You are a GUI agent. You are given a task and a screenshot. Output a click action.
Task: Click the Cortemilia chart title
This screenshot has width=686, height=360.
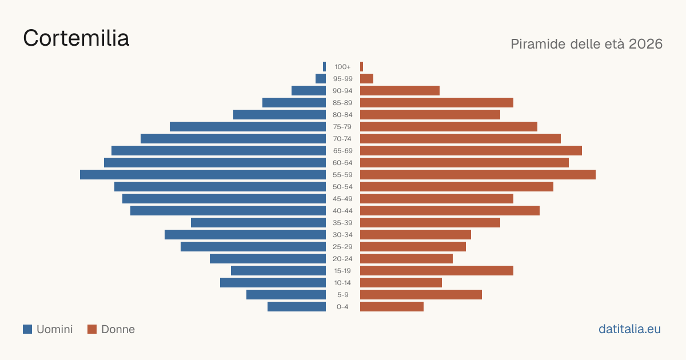tap(76, 38)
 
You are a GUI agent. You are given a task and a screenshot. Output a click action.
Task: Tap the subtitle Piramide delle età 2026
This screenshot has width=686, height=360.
tap(587, 44)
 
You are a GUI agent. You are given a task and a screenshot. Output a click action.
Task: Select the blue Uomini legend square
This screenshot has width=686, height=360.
tap(27, 329)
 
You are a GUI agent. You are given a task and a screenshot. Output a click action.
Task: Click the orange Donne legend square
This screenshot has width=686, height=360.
tap(92, 329)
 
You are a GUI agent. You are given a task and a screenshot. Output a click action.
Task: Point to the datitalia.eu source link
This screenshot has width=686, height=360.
tap(629, 329)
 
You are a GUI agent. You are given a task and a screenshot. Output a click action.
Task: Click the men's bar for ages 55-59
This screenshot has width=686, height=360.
tap(203, 174)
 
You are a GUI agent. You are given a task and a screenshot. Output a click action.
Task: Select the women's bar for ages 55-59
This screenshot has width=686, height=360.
tap(478, 174)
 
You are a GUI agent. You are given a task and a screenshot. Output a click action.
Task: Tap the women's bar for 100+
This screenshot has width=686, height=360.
tap(362, 67)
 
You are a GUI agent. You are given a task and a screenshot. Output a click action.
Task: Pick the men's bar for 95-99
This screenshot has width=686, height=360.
tap(321, 79)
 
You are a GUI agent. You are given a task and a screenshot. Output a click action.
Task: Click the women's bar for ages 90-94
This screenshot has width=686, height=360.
tap(400, 91)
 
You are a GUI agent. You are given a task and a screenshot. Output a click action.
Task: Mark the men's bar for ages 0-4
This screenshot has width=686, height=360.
tap(297, 307)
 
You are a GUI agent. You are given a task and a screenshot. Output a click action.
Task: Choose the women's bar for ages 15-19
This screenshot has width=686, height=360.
tap(437, 271)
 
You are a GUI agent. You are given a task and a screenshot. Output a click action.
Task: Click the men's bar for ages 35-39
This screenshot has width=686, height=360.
tap(258, 222)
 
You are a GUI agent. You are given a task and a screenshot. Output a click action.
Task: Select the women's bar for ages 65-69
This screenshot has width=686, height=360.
tap(471, 151)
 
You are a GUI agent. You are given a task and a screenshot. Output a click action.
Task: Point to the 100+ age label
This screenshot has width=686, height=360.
tap(342, 67)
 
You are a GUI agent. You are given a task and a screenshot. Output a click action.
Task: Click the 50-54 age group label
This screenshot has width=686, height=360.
tap(342, 187)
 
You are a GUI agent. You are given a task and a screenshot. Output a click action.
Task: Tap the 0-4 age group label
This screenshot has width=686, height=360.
tap(342, 307)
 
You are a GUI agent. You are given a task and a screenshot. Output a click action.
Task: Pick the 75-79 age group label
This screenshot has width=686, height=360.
tap(342, 127)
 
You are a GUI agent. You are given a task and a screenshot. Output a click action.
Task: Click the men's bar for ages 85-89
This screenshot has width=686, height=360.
tap(294, 102)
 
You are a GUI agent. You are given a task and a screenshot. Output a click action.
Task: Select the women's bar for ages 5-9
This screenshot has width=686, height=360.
tap(421, 294)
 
